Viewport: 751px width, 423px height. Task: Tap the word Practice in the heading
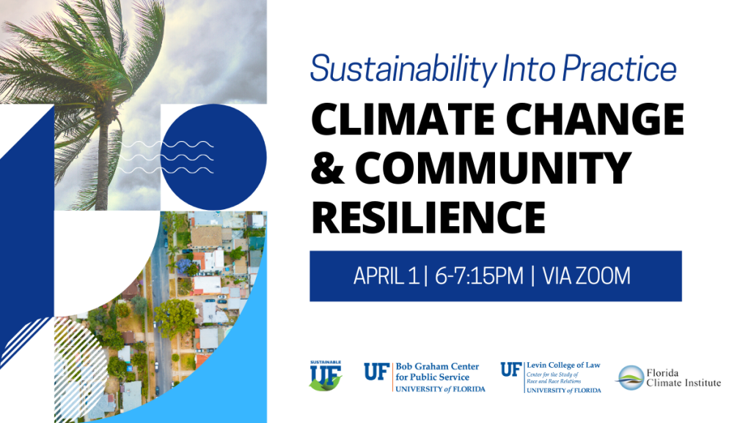point(619,68)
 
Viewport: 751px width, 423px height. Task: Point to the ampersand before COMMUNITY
point(328,168)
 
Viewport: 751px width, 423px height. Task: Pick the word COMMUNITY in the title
point(494,168)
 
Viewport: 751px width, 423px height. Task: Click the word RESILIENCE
point(428,217)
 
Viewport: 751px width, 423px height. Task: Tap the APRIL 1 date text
point(386,276)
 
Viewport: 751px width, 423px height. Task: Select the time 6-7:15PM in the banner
point(479,276)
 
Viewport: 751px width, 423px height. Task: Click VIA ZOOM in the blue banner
point(586,276)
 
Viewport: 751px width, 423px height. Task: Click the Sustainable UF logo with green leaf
point(326,375)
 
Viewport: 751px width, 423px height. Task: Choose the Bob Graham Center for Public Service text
point(437,372)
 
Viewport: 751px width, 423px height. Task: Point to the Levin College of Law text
point(564,366)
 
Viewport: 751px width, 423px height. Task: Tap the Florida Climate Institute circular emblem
point(630,378)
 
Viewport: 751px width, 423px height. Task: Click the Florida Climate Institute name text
point(684,378)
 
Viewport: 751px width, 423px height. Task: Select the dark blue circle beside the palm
point(213,157)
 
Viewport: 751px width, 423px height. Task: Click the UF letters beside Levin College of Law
point(511,370)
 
